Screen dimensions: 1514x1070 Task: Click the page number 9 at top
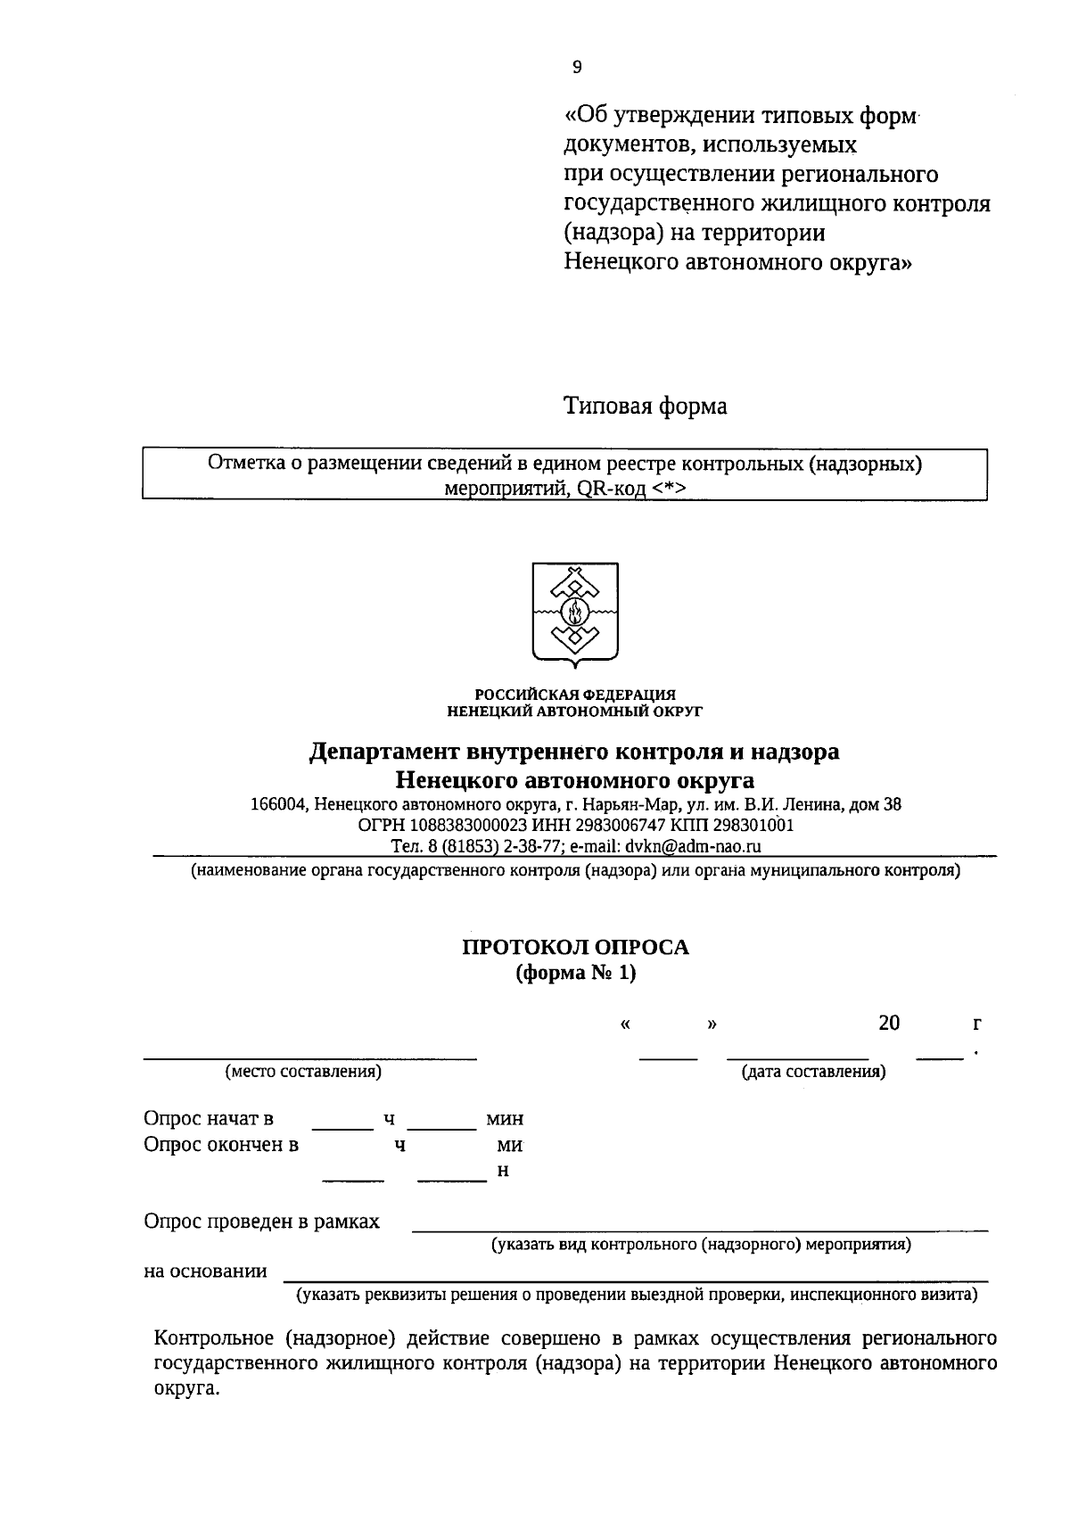[577, 67]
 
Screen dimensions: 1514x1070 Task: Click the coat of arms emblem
[575, 614]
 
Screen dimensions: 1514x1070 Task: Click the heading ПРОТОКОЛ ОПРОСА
[575, 947]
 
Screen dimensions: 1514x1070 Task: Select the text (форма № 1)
[575, 973]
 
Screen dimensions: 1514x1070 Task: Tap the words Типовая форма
[645, 407]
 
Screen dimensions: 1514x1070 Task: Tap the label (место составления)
[303, 1071]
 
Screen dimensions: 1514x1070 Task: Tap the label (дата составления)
[813, 1071]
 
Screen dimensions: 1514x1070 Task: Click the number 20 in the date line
[888, 1023]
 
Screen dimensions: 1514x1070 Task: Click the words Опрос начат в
[209, 1119]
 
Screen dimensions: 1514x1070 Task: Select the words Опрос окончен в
[221, 1145]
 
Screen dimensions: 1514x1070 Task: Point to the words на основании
[205, 1271]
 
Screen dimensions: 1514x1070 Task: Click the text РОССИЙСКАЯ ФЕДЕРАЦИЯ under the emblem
[574, 695]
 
